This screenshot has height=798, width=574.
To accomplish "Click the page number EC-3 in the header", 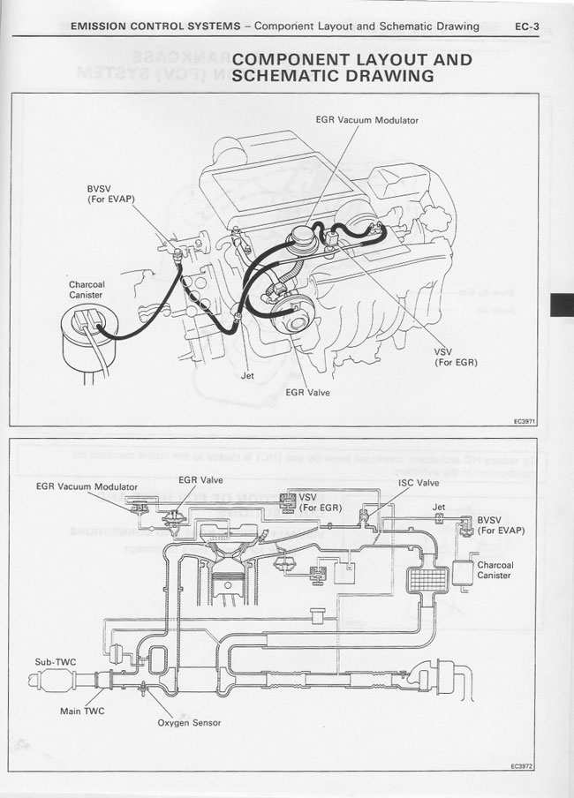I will point(526,26).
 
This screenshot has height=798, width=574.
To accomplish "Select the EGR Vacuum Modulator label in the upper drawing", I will point(366,119).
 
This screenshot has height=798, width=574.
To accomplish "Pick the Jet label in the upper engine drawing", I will point(248,374).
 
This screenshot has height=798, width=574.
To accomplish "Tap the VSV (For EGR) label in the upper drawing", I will point(456,356).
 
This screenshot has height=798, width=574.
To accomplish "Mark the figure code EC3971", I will point(525,421).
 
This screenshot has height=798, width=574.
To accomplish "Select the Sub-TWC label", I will point(54,660).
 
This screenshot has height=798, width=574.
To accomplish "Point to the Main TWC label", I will point(82,710).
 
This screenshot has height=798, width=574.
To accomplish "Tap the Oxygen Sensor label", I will point(189,722).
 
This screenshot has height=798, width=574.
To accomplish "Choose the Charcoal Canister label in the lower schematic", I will point(495,569).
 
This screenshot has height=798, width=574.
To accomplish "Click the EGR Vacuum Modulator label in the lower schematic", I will point(87,486).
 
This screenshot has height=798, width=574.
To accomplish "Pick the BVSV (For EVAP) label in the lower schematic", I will point(500,525).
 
